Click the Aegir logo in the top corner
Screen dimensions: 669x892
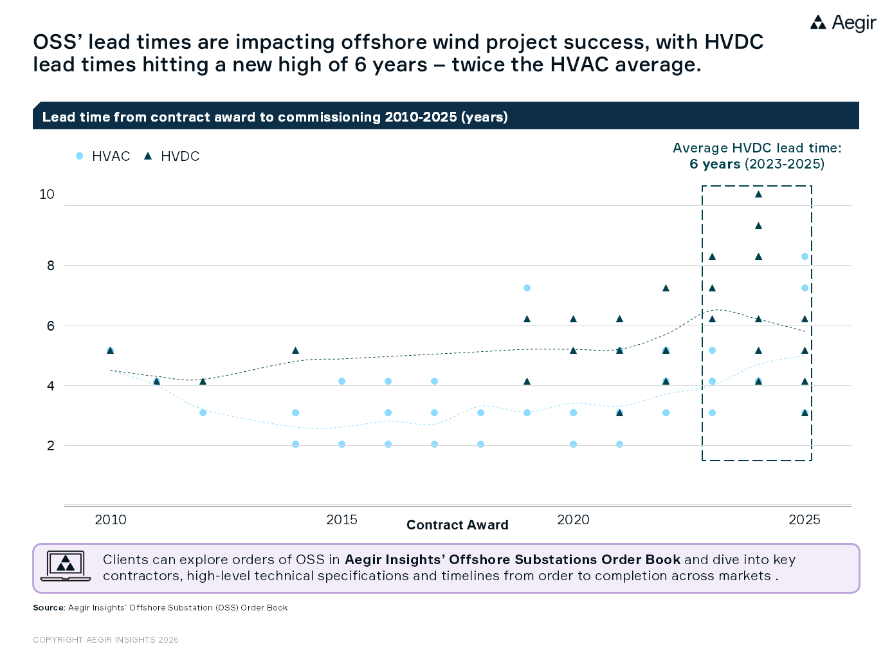point(842,23)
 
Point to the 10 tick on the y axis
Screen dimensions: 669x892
point(47,194)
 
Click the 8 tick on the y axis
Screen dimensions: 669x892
point(51,266)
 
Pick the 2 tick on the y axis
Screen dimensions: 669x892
point(51,445)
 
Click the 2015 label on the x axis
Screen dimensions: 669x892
point(341,520)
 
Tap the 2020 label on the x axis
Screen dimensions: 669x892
point(573,520)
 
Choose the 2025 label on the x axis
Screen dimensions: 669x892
point(805,520)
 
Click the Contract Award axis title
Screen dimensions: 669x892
point(457,525)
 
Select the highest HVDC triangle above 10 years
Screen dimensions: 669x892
point(758,194)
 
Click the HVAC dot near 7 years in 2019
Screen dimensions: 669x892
point(527,288)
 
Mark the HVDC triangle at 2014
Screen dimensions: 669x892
point(295,351)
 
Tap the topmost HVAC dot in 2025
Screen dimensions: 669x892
point(805,257)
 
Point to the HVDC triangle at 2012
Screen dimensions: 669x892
point(203,381)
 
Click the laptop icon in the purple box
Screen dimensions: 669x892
point(66,566)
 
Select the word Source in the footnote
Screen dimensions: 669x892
point(48,608)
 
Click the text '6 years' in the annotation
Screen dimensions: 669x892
point(715,164)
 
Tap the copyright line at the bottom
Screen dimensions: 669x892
point(105,640)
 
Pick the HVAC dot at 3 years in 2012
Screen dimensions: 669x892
point(203,412)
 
